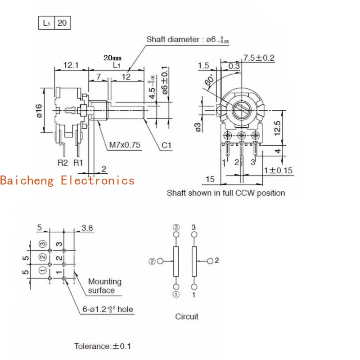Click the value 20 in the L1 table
coord(62,22)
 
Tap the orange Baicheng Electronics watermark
coord(67,180)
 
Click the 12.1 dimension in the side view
coord(71,65)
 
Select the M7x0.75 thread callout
coord(125,145)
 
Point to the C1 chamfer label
coord(167,145)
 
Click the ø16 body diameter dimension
coord(39,110)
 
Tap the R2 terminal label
coord(62,162)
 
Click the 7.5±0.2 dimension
coord(259,58)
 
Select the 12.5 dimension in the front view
coord(278,128)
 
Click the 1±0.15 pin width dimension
coord(278,170)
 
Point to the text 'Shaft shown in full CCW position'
coord(226,193)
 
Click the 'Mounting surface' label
coord(104,286)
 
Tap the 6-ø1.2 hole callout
coord(108,309)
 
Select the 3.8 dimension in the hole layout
coord(87,228)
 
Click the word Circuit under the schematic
coord(187,316)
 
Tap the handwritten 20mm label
coord(112,58)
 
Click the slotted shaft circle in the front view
coord(242,109)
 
